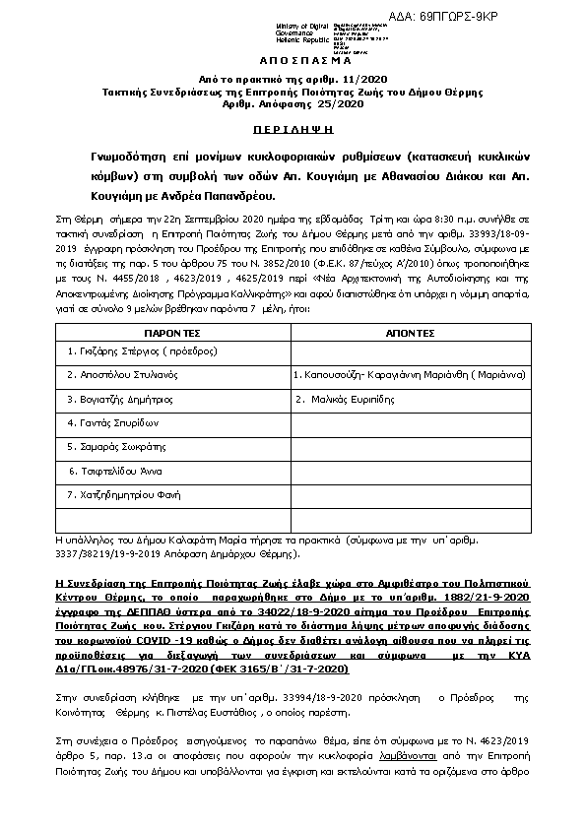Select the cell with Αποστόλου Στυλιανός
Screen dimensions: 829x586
click(x=115, y=375)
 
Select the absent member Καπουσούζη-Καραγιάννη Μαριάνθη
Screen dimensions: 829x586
click(x=409, y=375)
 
